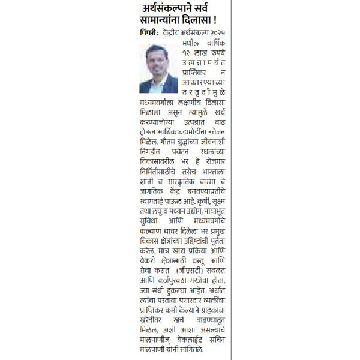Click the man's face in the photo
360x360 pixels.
point(157,67)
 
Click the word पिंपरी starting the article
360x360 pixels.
point(152,36)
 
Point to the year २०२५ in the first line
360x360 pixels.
point(223,36)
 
